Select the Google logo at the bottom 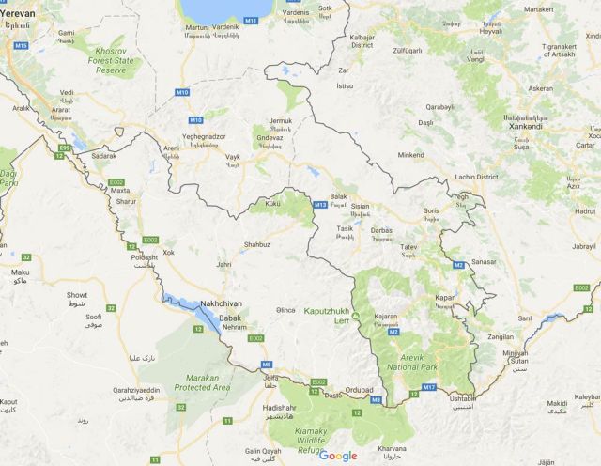click(x=338, y=456)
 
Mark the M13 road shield click(x=319, y=205)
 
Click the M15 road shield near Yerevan click(x=20, y=45)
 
